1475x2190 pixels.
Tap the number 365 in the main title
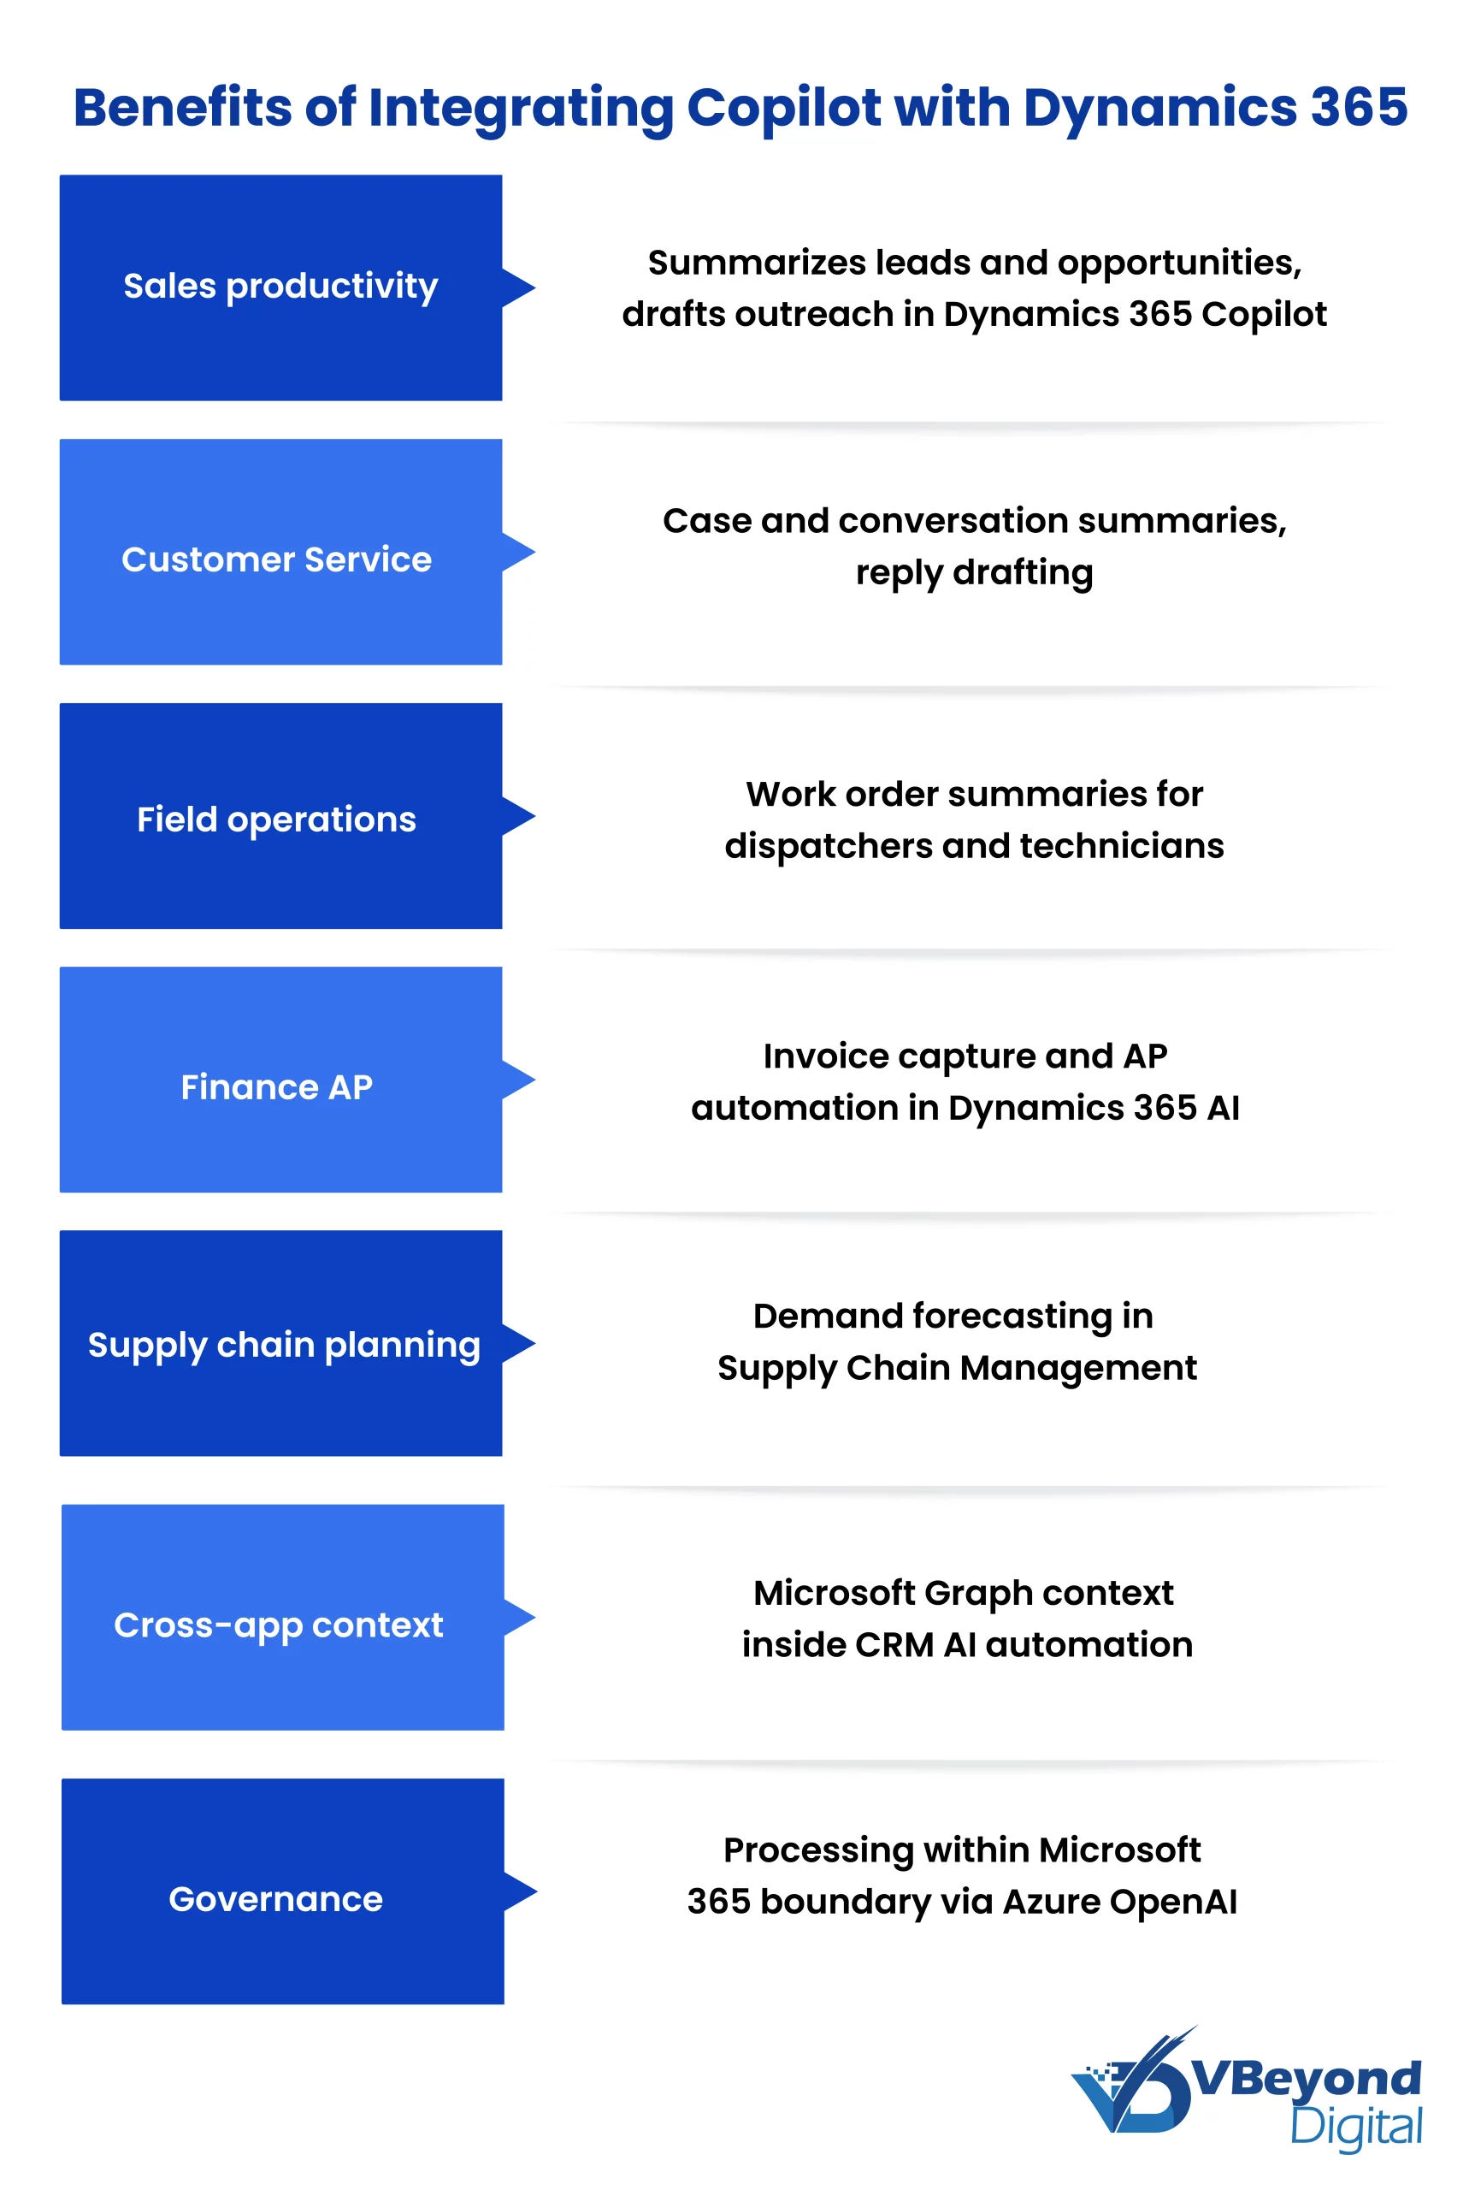[x=1359, y=107]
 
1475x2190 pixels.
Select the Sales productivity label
[x=280, y=286]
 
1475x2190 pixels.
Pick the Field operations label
[x=276, y=819]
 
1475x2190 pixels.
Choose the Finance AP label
[x=276, y=1087]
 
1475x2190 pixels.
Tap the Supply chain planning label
[x=283, y=1345]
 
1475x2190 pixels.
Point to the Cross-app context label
[x=279, y=1625]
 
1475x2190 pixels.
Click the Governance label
[x=275, y=1898]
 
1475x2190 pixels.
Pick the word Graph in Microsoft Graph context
[x=978, y=1594]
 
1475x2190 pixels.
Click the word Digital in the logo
[x=1355, y=2127]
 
